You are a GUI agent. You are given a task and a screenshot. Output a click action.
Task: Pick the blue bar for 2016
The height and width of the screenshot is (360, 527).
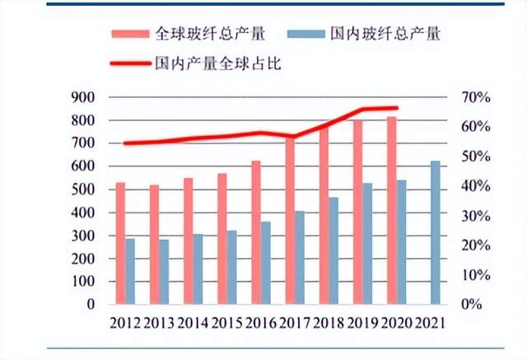point(265,263)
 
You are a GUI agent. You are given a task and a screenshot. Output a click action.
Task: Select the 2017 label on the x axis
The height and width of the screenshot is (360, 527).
point(295,323)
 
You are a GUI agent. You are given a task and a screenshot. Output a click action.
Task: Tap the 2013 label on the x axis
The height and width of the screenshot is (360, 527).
point(159,323)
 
